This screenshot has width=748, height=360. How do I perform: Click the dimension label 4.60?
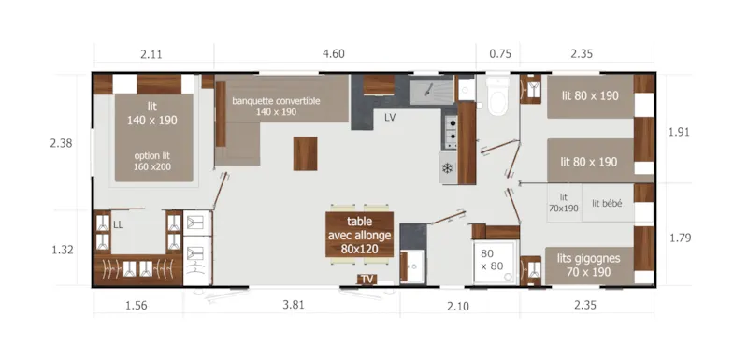click(x=334, y=54)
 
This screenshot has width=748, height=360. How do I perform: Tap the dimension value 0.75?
click(x=500, y=54)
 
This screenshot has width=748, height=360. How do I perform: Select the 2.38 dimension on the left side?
click(x=62, y=143)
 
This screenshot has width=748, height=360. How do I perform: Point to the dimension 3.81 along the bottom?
click(x=293, y=306)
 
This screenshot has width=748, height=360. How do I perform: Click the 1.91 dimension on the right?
click(x=681, y=132)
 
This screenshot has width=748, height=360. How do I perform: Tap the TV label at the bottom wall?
click(x=367, y=279)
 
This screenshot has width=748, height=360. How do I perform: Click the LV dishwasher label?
click(x=391, y=117)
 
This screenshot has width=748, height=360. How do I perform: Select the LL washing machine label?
click(x=118, y=224)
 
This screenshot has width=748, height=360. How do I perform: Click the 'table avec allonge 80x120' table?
click(x=360, y=236)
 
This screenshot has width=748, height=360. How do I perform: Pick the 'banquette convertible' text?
click(x=276, y=101)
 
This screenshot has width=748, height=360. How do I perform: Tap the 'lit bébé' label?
click(x=607, y=203)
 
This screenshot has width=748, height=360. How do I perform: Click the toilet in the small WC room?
click(x=496, y=98)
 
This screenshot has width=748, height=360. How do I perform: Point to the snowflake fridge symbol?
click(x=447, y=167)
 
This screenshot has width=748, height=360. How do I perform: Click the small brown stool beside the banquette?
click(x=305, y=151)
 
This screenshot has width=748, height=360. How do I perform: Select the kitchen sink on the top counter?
click(x=431, y=90)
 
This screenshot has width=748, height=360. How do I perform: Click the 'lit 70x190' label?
click(x=564, y=203)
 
